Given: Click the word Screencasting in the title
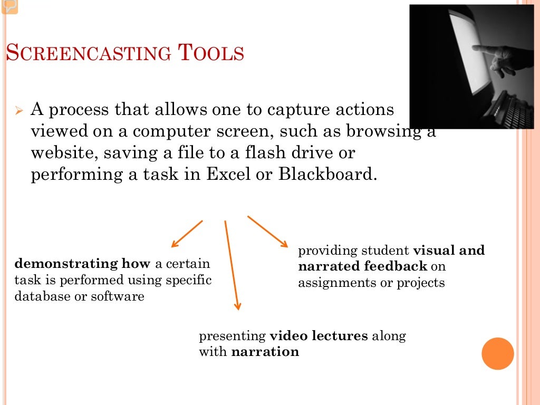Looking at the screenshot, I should tap(88, 53).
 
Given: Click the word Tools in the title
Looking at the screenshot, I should tap(211, 53).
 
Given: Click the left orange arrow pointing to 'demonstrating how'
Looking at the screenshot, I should tap(187, 234).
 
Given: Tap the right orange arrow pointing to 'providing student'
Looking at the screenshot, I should tap(268, 231).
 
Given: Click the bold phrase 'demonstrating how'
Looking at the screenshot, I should tap(82, 263).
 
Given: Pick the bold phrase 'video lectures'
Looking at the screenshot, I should tap(319, 335).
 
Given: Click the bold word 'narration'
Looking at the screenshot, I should tap(265, 351).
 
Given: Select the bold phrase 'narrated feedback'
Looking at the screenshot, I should tap(362, 266).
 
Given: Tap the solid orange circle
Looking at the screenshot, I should tap(498, 353).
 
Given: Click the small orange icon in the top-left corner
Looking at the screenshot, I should tap(9, 6).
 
